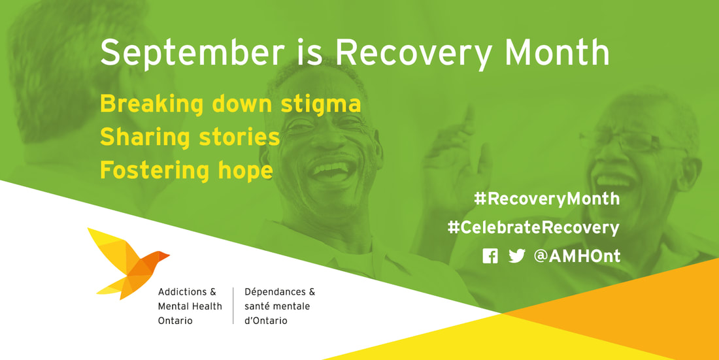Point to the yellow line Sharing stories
click(x=190, y=137)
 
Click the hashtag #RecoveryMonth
click(x=546, y=199)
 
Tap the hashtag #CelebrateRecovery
click(x=533, y=227)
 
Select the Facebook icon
click(x=490, y=256)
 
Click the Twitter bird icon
click(x=517, y=256)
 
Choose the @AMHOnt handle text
click(x=577, y=256)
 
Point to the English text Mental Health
click(x=190, y=306)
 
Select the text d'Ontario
click(x=266, y=321)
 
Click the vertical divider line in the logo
click(x=233, y=306)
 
